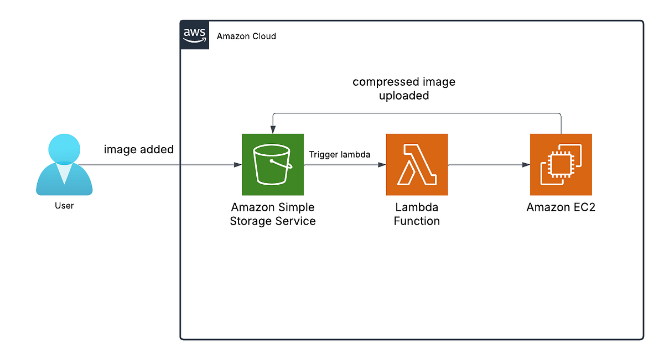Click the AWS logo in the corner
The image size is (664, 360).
(194, 35)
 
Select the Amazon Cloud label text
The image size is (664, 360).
(246, 36)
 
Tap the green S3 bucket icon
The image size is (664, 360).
(273, 164)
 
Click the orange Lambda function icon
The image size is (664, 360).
(417, 164)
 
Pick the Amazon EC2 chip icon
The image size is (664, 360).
(561, 164)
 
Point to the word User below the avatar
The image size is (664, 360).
(64, 206)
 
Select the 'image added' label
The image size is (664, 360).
(139, 149)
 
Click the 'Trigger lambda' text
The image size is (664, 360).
(339, 155)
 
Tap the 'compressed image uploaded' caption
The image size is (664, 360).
(404, 88)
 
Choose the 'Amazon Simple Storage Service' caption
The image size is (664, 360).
(273, 214)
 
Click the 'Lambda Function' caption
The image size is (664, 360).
(417, 214)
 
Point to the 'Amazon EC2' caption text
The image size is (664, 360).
(561, 208)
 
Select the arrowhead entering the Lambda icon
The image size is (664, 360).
(382, 165)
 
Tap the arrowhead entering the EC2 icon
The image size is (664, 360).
(526, 165)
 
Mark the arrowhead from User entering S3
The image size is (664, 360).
(238, 165)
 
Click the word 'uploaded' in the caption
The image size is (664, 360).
(404, 96)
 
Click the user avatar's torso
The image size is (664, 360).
(64, 180)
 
